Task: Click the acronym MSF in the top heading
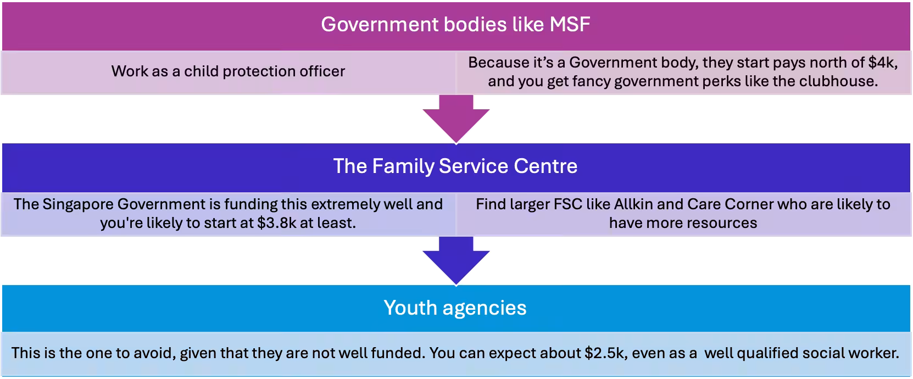tap(570, 25)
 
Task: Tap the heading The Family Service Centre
tap(455, 166)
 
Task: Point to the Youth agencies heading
tap(455, 308)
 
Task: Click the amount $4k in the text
tap(882, 63)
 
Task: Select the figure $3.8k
tap(277, 224)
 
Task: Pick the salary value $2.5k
tap(604, 353)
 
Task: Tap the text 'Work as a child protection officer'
tap(229, 72)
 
